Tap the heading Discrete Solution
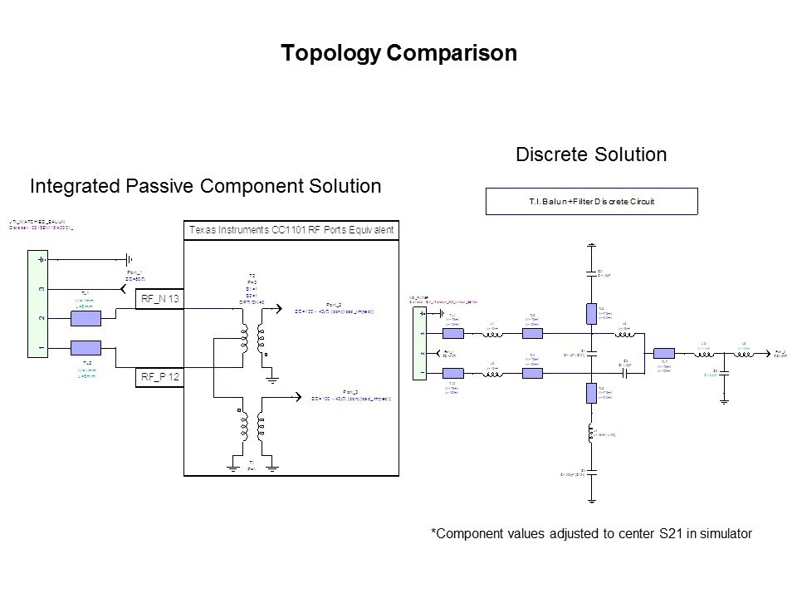pos(591,154)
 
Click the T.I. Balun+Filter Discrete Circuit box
pos(590,201)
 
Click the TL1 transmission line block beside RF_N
pos(86,318)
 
